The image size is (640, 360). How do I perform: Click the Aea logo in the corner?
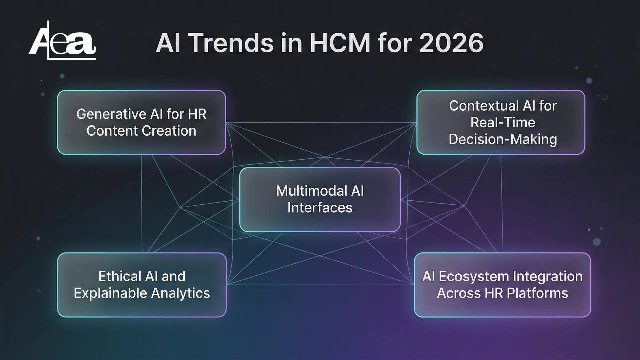click(62, 40)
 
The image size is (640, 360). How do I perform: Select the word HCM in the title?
click(340, 43)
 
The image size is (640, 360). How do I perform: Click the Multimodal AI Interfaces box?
click(320, 199)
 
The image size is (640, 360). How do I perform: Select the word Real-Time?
click(503, 122)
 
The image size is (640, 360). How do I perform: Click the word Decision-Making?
click(503, 139)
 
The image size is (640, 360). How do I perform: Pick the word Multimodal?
click(307, 191)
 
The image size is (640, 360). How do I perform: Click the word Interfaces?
click(320, 208)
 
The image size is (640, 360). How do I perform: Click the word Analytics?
click(180, 293)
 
